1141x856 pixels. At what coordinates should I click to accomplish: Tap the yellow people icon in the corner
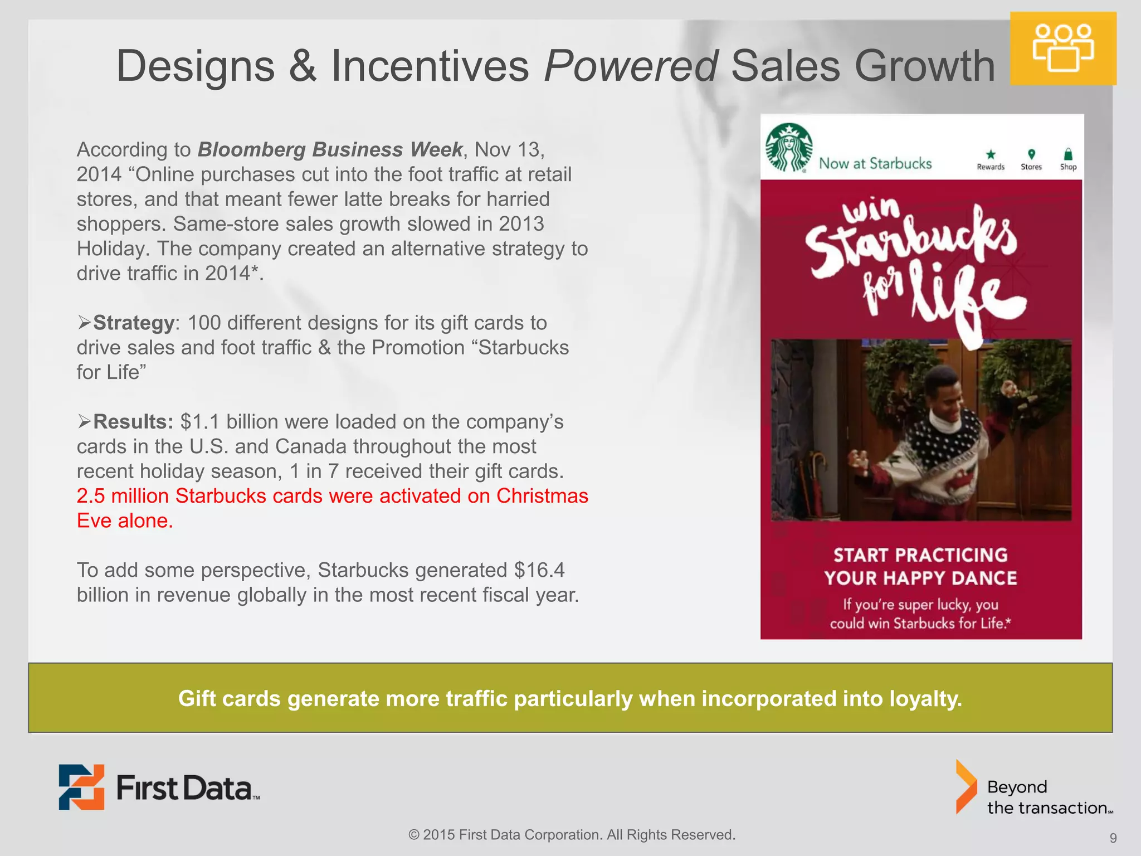click(1063, 48)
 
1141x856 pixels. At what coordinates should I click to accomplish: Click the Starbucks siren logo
click(788, 147)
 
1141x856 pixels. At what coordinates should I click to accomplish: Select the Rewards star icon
click(990, 154)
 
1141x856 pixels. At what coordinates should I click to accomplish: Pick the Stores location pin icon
click(1031, 154)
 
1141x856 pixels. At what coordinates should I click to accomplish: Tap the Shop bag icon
click(1068, 154)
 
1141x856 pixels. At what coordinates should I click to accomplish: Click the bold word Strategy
click(134, 323)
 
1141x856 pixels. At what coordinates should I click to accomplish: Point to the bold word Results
click(133, 422)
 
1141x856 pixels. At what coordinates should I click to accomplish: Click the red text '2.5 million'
click(123, 496)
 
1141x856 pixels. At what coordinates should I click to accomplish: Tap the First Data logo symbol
click(81, 787)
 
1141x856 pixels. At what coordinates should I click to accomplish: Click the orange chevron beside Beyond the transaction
click(966, 787)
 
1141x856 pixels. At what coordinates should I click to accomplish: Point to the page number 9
click(1113, 838)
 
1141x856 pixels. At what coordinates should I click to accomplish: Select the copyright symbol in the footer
click(414, 835)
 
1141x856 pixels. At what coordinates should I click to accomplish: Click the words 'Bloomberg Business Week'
click(330, 149)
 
